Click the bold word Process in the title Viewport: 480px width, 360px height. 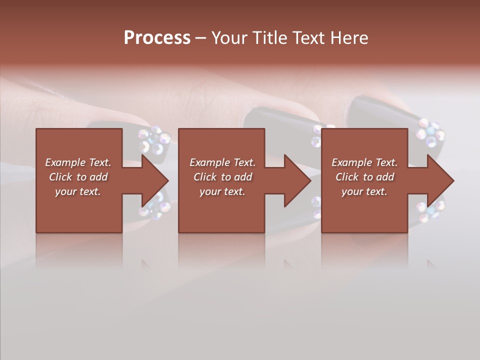(x=157, y=38)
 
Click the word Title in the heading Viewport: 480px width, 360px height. (x=271, y=38)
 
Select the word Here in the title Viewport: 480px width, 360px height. (x=349, y=38)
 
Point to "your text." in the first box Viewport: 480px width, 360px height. (x=78, y=191)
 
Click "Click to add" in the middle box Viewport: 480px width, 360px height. (x=222, y=177)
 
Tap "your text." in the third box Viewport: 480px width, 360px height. (x=364, y=191)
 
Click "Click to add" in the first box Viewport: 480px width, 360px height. (x=78, y=177)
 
